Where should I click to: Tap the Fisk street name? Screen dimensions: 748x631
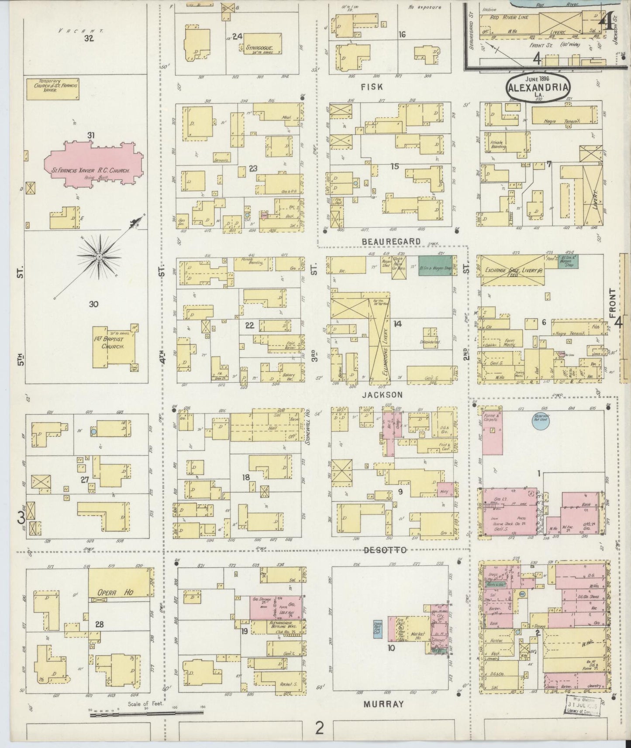point(372,87)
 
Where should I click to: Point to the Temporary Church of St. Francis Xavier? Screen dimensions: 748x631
point(53,89)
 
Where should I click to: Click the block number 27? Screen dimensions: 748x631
point(85,480)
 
